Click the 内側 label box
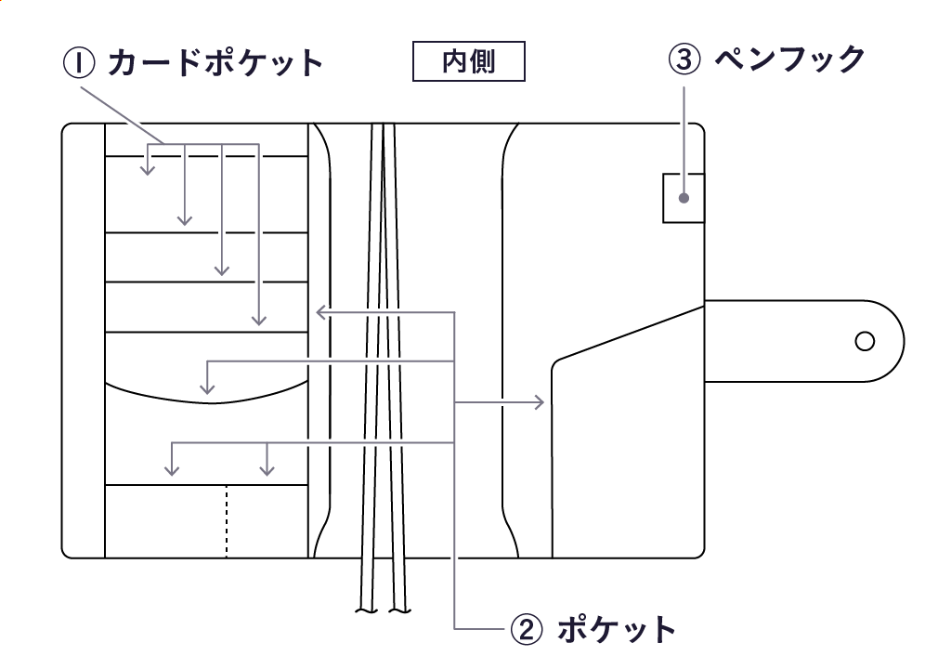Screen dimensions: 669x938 469,62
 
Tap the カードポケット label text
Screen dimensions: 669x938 215,63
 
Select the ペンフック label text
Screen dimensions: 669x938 789,59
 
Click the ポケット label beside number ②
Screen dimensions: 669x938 616,629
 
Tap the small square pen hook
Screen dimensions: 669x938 683,197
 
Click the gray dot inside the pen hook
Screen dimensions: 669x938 684,198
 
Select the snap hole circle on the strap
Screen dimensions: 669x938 865,341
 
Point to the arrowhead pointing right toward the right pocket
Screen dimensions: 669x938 540,402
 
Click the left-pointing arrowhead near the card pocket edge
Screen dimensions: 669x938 320,312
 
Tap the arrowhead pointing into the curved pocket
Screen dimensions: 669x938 208,385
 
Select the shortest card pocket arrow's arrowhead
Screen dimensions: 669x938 147,169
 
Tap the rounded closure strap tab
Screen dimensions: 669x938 804,341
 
